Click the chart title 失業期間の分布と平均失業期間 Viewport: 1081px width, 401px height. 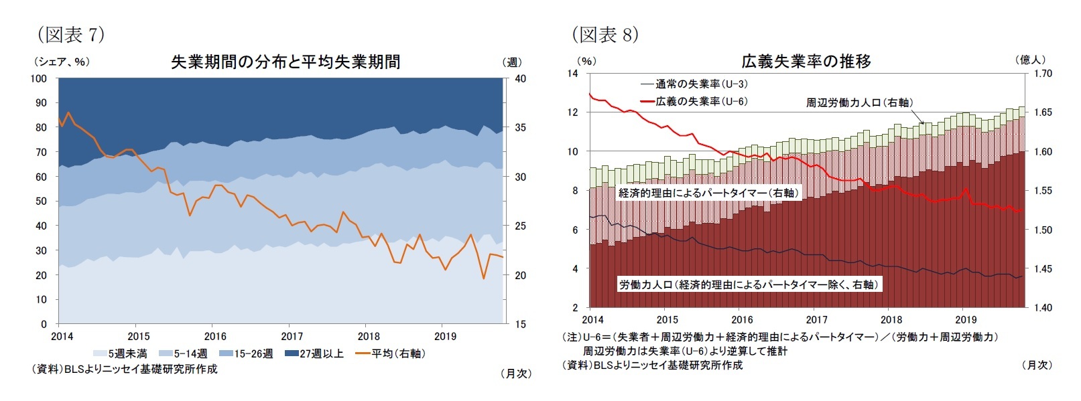285,62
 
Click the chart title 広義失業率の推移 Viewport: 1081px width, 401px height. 806,62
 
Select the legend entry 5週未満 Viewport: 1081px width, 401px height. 121,353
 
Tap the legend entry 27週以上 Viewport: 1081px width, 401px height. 314,353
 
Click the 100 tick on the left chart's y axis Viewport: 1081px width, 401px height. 39,78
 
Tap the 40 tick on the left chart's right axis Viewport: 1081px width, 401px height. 520,78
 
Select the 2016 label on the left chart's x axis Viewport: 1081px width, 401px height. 215,336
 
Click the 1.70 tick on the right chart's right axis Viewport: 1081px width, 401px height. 1043,73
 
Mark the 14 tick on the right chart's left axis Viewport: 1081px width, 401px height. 572,73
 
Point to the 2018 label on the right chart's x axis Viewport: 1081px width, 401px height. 891,320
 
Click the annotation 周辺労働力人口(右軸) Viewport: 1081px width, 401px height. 859,102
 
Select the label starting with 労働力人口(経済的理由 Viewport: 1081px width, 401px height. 748,285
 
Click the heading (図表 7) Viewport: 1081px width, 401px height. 71,34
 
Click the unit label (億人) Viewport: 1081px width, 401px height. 1031,60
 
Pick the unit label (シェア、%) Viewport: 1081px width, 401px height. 62,62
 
